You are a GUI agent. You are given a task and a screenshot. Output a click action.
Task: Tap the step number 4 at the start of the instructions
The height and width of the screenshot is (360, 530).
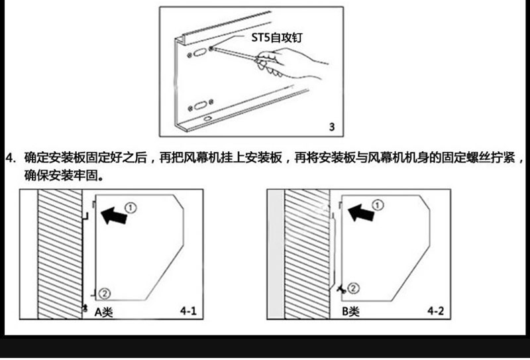click(10, 158)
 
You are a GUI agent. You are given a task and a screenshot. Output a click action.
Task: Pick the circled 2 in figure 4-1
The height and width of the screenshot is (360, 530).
click(105, 292)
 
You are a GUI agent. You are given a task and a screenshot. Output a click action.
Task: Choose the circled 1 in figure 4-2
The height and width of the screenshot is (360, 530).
click(377, 205)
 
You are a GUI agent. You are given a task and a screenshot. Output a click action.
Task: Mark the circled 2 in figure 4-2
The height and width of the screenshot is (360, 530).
click(353, 288)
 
